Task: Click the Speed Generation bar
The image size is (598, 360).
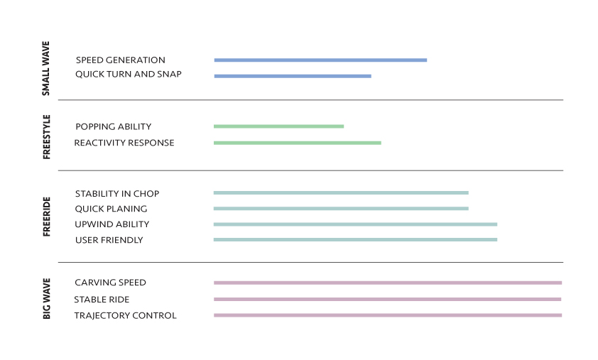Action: (320, 60)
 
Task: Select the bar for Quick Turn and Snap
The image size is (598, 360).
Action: (293, 76)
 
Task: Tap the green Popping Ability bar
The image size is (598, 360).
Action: (278, 126)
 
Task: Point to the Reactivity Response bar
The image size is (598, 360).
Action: (297, 143)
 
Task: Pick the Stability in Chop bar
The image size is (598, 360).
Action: (341, 193)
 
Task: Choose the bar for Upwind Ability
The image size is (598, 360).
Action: (355, 224)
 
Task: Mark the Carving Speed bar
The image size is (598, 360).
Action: (388, 283)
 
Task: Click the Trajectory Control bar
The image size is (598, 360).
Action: (388, 315)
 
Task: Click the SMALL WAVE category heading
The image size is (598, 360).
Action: (45, 68)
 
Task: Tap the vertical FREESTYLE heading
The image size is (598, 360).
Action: (46, 137)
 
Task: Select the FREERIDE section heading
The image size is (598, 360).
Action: (46, 217)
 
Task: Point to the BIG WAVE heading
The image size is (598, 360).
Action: (46, 299)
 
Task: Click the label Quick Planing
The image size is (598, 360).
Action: (111, 209)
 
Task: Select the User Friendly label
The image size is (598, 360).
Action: (109, 240)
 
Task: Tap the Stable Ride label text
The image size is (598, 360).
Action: (102, 300)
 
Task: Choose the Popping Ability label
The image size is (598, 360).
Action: (113, 126)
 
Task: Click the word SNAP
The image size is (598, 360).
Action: (169, 74)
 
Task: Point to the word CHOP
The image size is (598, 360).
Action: (146, 194)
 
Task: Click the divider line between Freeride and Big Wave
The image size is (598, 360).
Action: (310, 263)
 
